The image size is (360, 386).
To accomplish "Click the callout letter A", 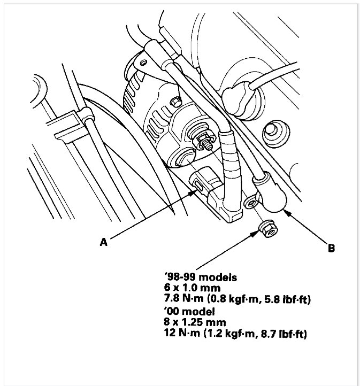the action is coord(104,242).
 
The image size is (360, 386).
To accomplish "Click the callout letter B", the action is coord(332,248).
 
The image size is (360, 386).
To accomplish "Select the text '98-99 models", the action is coord(201,277).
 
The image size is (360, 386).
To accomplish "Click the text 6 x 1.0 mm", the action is coord(192,288).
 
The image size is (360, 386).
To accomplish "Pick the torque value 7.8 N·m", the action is coord(183,299).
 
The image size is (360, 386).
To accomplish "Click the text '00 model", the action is coord(189,312).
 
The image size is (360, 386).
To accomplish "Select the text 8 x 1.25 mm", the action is coord(195,322).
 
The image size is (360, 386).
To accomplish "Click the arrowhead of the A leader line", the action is coord(193,192).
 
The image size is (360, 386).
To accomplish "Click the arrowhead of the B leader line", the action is coord(287,212).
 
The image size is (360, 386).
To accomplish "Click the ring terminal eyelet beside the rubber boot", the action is coord(250,203).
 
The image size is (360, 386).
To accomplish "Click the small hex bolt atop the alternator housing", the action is coord(176,102).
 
